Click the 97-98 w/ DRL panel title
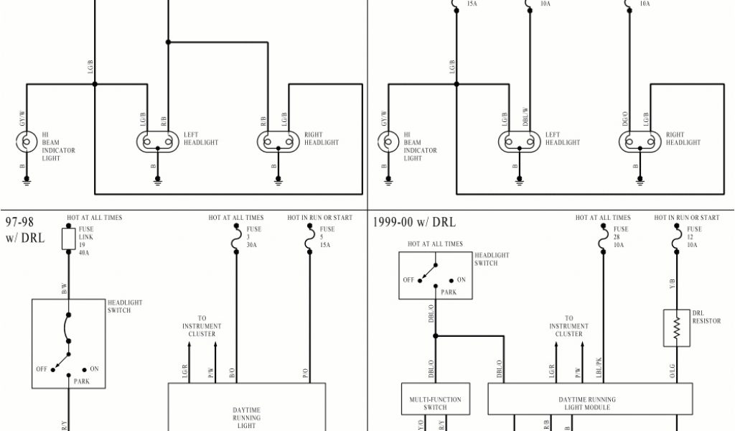[x=25, y=229]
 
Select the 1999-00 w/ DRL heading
[x=414, y=222]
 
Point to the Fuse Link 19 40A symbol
[x=68, y=239]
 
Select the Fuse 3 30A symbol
[x=236, y=244]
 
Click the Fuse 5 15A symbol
[x=309, y=244]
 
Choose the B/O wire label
[x=232, y=372]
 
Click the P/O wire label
[x=305, y=372]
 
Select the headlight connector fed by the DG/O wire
[x=637, y=142]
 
